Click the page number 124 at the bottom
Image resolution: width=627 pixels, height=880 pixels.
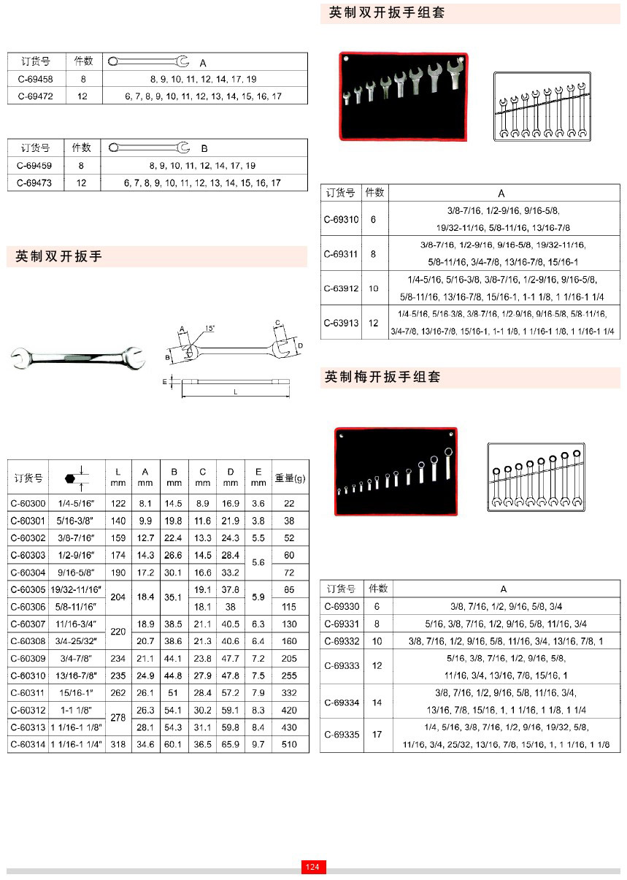[313, 867]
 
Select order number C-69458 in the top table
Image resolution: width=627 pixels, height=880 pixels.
[35, 79]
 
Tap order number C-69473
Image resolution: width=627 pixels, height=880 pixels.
[34, 183]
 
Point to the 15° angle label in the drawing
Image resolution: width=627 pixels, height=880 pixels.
[209, 329]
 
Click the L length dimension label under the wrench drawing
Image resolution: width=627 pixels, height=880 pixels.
[236, 392]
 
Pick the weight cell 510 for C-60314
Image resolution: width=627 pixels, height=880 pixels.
[290, 744]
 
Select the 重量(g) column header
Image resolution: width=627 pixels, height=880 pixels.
[290, 478]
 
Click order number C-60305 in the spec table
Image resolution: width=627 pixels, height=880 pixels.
[28, 589]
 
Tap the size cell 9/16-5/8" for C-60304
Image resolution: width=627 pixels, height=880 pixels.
[77, 573]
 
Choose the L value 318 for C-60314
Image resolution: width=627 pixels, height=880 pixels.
[118, 744]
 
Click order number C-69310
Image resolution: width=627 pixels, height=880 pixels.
[342, 218]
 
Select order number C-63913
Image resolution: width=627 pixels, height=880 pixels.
[342, 323]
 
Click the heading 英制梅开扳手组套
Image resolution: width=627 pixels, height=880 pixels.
[382, 378]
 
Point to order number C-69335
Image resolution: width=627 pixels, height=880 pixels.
[342, 734]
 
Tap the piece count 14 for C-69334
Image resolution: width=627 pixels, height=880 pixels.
[377, 703]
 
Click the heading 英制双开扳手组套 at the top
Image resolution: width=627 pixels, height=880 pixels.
[387, 13]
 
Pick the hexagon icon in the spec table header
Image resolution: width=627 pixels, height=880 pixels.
[70, 478]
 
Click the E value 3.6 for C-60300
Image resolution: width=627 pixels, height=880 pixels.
[258, 503]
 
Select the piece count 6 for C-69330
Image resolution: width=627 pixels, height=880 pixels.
[377, 606]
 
